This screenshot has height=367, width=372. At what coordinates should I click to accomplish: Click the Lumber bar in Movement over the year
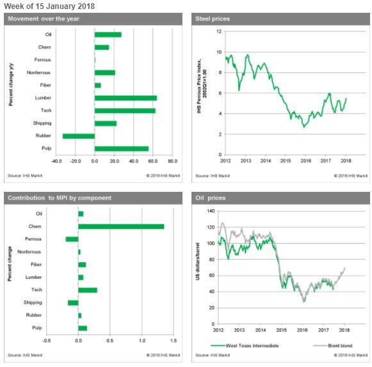click(x=125, y=98)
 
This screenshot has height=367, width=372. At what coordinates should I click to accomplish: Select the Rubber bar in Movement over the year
click(x=79, y=136)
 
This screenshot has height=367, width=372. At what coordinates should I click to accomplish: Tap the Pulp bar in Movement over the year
click(x=122, y=148)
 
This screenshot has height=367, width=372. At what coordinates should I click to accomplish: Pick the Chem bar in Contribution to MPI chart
click(x=121, y=226)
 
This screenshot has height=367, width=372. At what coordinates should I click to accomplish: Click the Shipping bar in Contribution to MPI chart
click(x=73, y=302)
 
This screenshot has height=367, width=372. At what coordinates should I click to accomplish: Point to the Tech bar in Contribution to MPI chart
click(x=88, y=290)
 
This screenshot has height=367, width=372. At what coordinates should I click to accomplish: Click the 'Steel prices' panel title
click(x=213, y=19)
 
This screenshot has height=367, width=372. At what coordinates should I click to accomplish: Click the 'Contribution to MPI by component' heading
click(x=60, y=198)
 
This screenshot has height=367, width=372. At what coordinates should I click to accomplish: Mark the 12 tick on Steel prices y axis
click(x=219, y=31)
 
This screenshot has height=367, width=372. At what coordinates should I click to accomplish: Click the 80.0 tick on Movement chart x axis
click(x=172, y=161)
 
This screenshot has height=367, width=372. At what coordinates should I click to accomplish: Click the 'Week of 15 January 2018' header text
click(x=49, y=6)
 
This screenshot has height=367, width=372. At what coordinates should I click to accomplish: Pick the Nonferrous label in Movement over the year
click(x=40, y=72)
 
